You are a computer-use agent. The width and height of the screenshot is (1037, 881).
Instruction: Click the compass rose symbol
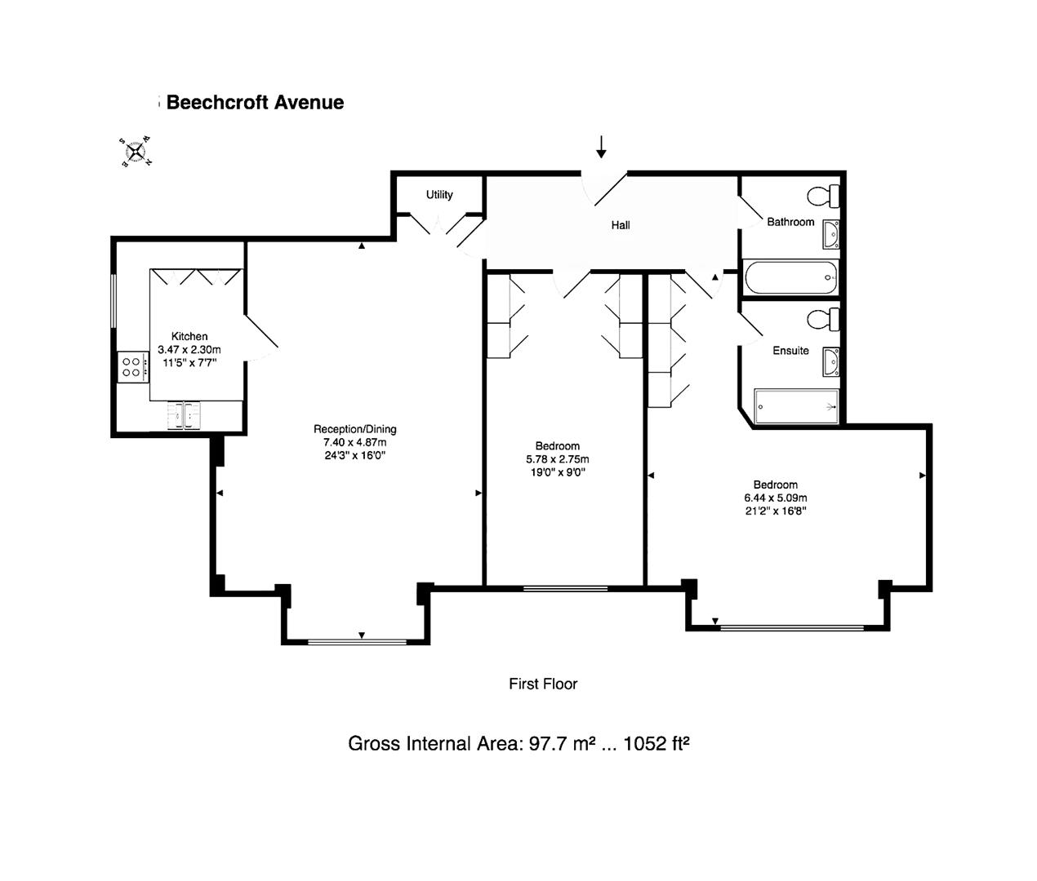(136, 152)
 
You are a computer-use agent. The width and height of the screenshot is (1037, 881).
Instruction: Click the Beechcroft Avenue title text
(255, 103)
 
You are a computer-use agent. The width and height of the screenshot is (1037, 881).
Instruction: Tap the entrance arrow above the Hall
(602, 147)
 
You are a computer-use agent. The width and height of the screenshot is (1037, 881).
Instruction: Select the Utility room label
(439, 195)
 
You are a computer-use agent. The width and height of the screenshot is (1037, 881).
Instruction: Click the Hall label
(621, 225)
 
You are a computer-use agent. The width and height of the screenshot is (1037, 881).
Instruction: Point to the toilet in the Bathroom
(823, 196)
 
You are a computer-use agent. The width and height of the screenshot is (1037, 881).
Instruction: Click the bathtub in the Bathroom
(791, 277)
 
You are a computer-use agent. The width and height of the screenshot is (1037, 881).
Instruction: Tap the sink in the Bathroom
(830, 234)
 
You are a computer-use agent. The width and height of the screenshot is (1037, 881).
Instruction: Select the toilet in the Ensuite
(823, 318)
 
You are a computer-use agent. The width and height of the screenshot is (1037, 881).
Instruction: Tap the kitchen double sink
(185, 415)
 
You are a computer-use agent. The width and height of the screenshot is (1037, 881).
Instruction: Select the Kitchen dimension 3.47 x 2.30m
(189, 350)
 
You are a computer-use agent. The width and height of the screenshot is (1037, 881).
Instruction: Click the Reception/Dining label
(355, 429)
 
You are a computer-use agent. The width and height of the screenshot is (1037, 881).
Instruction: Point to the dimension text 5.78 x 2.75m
(558, 459)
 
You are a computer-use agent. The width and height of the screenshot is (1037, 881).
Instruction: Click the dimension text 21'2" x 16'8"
(775, 511)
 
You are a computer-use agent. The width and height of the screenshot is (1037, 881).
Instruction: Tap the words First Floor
(543, 684)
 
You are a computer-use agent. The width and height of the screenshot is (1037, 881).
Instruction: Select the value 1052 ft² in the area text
(656, 744)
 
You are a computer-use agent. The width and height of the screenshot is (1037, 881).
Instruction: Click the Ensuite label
(790, 351)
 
